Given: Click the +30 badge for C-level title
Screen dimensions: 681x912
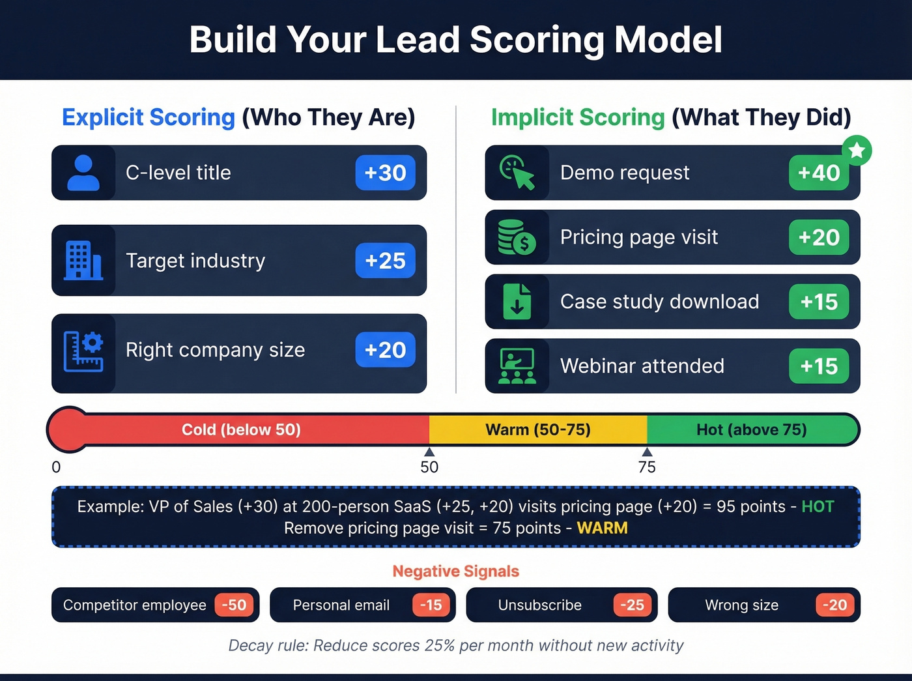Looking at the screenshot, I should [x=385, y=173].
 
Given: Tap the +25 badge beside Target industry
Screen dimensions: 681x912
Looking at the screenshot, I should [x=385, y=261].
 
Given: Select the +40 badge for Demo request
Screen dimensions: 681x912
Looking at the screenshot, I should [x=819, y=173].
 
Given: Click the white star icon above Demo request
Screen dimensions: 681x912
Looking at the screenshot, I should [x=857, y=151].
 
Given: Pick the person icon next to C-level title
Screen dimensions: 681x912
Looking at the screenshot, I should [x=83, y=173].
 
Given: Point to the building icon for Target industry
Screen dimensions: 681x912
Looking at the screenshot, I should [x=83, y=261].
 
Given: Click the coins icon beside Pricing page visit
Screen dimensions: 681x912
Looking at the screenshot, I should [x=517, y=237].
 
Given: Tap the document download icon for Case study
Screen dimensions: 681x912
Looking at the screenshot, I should [x=517, y=302].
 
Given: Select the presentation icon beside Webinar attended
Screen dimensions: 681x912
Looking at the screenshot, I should [x=517, y=366].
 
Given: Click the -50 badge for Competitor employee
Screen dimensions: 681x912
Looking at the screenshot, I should [x=234, y=605].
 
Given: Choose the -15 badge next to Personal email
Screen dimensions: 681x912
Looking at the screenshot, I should [x=431, y=605].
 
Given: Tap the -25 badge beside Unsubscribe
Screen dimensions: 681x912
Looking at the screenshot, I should [x=632, y=605].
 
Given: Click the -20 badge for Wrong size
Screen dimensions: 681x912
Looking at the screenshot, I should [x=834, y=605].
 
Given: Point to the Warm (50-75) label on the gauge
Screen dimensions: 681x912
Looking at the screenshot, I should [x=538, y=429].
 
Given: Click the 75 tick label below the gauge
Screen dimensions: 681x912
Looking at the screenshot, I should [x=647, y=467].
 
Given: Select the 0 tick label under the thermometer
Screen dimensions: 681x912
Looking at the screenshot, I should [x=56, y=467].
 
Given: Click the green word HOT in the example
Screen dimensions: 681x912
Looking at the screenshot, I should [x=818, y=506].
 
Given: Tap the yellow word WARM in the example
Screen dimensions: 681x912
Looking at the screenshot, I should [x=602, y=528].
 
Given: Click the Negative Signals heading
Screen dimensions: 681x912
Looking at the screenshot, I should [x=456, y=571].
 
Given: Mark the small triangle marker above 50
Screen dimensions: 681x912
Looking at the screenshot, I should [x=429, y=452].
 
